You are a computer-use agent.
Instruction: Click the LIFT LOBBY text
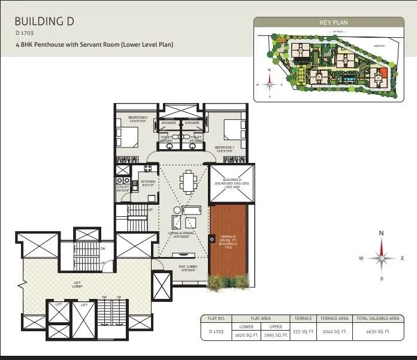77,283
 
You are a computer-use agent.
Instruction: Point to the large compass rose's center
380,258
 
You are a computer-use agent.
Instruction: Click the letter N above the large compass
381,234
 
